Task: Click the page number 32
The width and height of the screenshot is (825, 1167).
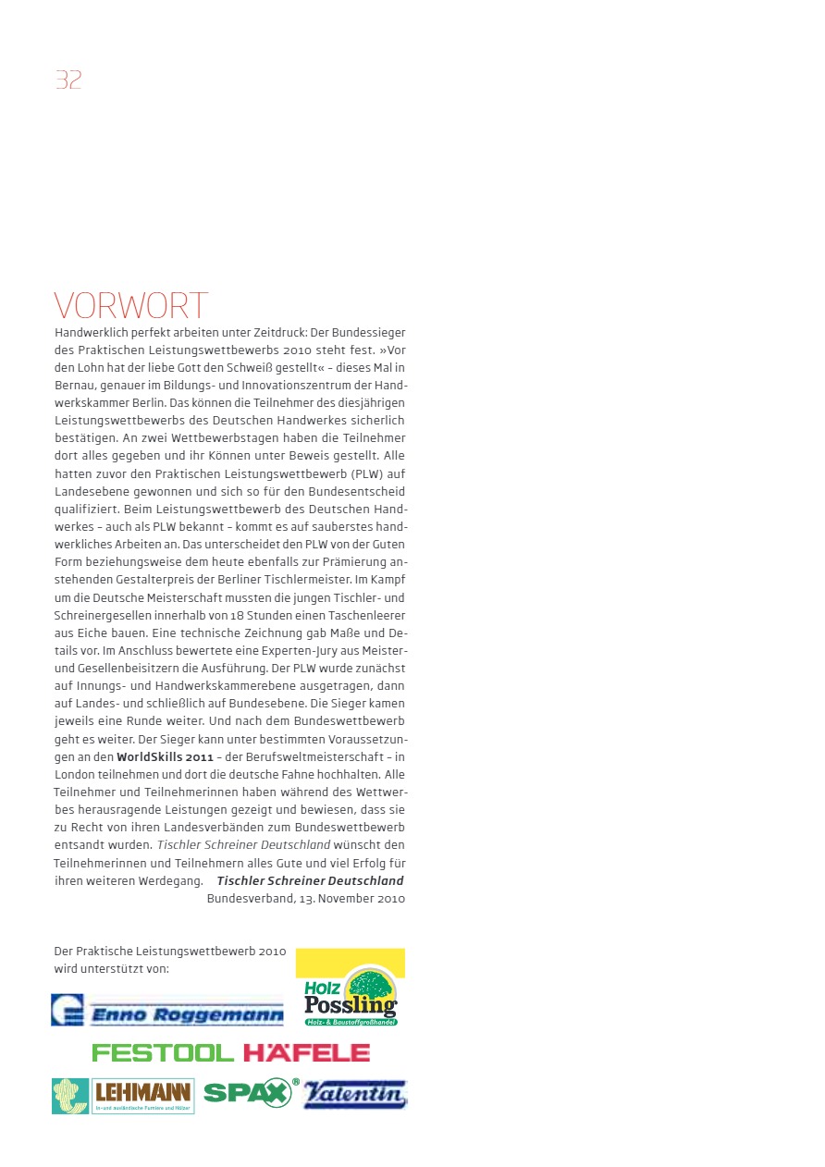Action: click(68, 80)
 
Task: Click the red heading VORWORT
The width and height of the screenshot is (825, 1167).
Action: click(131, 306)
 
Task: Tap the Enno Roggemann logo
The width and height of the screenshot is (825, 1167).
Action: click(167, 1011)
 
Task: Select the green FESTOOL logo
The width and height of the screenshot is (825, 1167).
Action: click(163, 1053)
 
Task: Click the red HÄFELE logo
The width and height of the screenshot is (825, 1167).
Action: click(306, 1053)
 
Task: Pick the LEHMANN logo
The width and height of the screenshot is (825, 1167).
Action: click(123, 1095)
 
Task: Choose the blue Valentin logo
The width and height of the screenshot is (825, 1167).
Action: click(355, 1094)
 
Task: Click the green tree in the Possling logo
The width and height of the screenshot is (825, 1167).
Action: click(370, 984)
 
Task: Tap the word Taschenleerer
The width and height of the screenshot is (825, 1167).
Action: click(367, 615)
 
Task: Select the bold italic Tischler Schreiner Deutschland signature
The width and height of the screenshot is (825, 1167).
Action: click(310, 880)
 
